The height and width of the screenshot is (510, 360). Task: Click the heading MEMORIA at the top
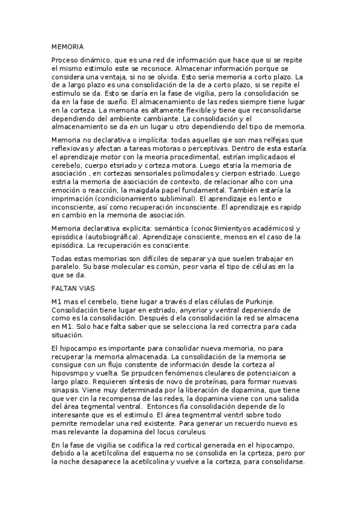(67, 46)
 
